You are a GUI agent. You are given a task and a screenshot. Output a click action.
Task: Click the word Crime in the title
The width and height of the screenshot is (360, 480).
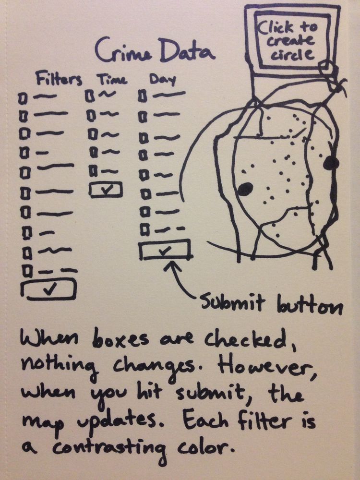(124, 49)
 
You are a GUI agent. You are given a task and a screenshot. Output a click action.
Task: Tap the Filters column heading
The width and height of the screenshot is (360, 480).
(59, 79)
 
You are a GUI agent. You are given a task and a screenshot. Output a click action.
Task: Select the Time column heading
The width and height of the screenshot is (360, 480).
(112, 79)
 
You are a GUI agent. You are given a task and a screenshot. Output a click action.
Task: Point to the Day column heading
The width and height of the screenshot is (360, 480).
(163, 80)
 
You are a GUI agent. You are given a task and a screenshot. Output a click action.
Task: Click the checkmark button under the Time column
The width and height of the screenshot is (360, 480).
(106, 190)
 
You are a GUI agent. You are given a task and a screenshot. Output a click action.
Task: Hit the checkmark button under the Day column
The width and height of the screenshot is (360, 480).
(165, 250)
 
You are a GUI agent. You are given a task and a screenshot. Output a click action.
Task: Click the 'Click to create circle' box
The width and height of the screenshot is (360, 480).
(292, 41)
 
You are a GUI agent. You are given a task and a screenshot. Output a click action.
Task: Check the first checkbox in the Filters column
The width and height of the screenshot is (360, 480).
(22, 99)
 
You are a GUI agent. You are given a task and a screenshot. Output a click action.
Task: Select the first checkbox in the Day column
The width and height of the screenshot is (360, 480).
(142, 96)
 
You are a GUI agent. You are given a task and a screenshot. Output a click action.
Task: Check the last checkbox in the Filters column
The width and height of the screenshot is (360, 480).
(27, 271)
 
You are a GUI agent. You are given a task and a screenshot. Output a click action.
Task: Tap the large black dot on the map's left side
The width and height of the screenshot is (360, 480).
(245, 189)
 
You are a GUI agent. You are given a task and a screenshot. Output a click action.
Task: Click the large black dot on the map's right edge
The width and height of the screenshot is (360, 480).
(331, 163)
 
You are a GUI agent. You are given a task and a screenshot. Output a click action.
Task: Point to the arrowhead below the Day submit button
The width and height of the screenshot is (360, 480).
(170, 266)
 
